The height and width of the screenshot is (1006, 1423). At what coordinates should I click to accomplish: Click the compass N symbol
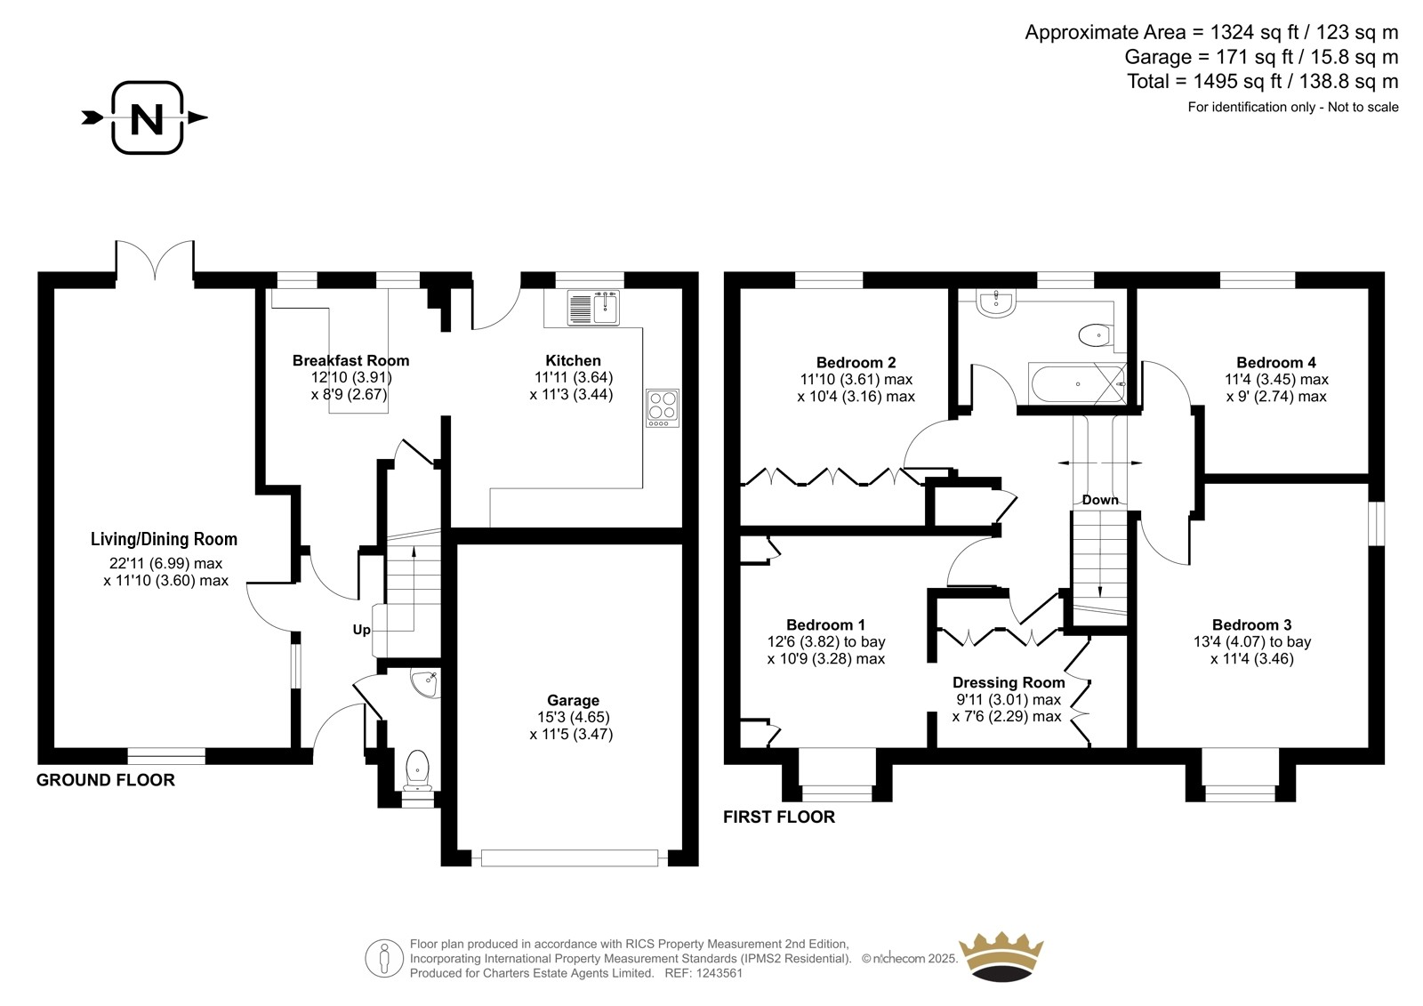[x=147, y=117]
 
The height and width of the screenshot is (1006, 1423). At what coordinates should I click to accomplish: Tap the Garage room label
[x=573, y=700]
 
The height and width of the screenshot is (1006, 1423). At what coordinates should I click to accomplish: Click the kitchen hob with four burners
[x=663, y=408]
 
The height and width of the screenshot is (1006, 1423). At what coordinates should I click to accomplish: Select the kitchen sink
[x=593, y=309]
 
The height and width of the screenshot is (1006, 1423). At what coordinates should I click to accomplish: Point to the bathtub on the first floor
[x=1077, y=383]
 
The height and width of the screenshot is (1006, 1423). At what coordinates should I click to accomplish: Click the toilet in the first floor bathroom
[x=1095, y=334]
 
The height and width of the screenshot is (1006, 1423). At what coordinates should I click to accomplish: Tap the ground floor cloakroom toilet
[x=417, y=771]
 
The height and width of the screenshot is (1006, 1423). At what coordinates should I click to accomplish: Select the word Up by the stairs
[x=361, y=630]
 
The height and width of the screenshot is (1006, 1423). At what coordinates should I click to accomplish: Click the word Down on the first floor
[x=1100, y=500]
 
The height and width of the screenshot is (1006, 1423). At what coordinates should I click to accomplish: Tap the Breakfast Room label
[x=350, y=360]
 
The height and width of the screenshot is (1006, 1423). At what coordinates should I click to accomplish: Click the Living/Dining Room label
[x=164, y=539]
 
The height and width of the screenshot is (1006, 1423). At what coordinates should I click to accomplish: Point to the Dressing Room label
[x=1009, y=682]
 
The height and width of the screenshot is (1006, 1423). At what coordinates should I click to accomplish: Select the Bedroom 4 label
[x=1276, y=362]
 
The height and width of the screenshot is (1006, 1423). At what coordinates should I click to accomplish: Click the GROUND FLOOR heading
[x=106, y=780]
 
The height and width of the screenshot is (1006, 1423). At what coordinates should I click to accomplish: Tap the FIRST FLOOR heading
[x=779, y=817]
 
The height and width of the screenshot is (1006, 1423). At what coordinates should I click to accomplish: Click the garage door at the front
[x=569, y=858]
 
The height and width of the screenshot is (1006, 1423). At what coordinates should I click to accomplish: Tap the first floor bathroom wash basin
[x=997, y=303]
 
